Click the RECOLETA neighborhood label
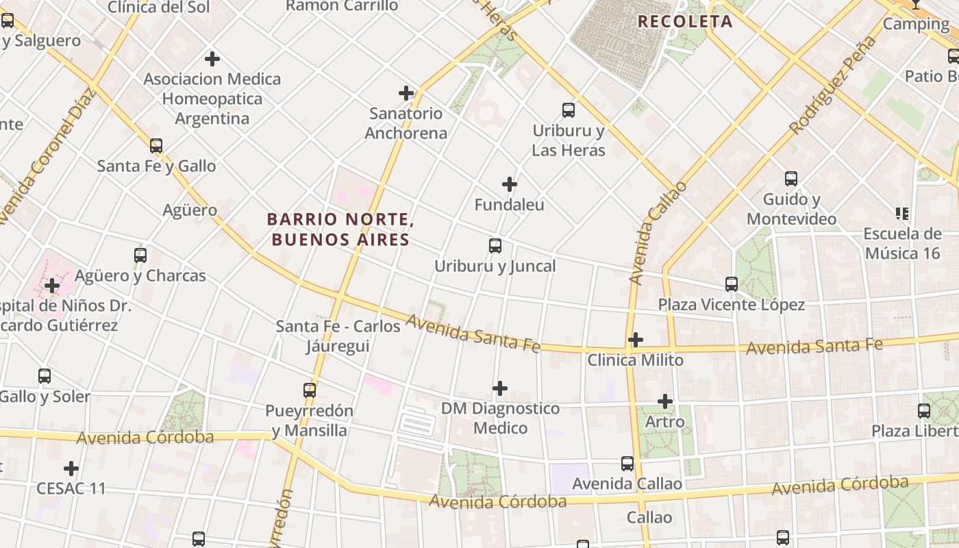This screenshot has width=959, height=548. pos(685,21)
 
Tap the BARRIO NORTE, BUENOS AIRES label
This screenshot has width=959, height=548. pos(340,229)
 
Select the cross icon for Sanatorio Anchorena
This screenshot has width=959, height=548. pos(406,93)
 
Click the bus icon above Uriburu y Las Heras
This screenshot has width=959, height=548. pos(568,110)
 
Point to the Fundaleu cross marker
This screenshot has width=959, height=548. pos(510,184)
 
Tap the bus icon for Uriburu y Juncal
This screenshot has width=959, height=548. pos(495,246)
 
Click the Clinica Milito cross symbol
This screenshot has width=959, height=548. pos(636,340)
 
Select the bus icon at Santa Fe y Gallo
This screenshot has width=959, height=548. pos(156,146)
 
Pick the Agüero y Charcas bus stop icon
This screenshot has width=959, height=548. pos(140,256)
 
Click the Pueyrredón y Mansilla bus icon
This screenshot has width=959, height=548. pos(310,390)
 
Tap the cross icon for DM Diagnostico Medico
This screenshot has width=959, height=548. pos(500,388)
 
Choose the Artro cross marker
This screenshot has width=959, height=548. pos(665,401)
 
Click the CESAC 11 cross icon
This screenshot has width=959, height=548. pos(71,469)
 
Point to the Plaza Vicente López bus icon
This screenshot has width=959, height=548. pos(732,284)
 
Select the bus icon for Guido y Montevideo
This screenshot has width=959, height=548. pos(791,179)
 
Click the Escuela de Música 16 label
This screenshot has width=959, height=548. pos(902,243)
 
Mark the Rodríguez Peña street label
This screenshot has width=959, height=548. pos(833,85)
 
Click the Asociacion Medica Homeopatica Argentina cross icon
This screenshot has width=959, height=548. pos(212,59)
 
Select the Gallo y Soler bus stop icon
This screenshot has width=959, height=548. pos(45,376)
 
